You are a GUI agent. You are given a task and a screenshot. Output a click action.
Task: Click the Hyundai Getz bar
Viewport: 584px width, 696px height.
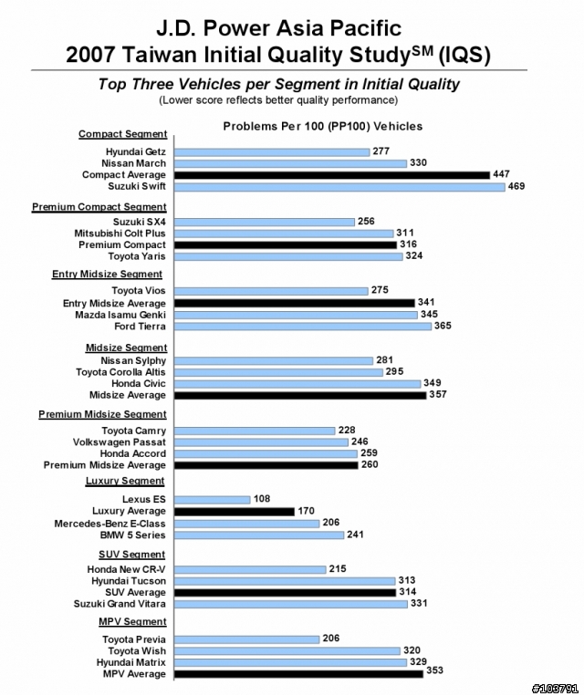point(272,152)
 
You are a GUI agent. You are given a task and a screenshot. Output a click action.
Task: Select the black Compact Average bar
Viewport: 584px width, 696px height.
point(332,175)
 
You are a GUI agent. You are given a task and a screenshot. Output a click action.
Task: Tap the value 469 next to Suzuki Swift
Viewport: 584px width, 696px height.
point(516,186)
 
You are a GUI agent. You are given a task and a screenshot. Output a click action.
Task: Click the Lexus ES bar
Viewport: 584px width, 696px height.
point(213,500)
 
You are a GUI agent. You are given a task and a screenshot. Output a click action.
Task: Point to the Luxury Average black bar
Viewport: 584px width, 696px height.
point(234,512)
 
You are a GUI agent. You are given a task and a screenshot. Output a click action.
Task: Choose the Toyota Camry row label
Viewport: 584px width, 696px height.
point(133,431)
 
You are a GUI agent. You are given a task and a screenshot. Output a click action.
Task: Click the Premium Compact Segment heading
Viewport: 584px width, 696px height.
point(99,207)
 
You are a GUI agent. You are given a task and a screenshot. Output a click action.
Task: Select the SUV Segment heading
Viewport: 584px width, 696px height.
point(132,555)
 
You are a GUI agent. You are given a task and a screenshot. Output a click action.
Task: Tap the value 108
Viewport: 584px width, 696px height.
point(262,499)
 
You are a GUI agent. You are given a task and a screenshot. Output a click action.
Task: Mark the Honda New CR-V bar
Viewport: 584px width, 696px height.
point(250,570)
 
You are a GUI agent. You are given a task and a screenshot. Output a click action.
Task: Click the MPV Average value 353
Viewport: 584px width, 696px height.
point(434,670)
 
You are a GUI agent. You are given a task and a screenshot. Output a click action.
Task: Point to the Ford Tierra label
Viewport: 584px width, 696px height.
point(140,327)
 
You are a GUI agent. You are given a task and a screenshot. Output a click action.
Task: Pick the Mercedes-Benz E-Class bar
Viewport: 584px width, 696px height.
point(246,524)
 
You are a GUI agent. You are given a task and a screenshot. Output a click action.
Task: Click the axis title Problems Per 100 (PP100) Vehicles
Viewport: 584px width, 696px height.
point(323,127)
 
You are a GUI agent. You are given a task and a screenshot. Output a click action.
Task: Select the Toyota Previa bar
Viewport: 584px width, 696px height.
point(246,639)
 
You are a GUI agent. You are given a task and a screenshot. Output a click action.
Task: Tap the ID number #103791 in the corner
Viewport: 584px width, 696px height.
point(555,689)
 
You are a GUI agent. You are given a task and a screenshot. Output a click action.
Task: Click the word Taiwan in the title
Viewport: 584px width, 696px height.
point(159,55)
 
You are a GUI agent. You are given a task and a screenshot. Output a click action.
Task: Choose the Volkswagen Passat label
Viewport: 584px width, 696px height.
point(119,442)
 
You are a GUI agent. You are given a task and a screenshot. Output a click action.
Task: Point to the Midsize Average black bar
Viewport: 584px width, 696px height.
point(300,396)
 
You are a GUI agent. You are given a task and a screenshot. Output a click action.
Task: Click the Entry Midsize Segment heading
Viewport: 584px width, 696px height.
point(107,275)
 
